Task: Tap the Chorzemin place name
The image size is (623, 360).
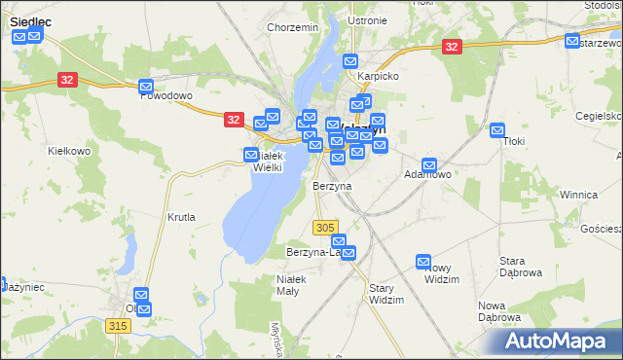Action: point(293,28)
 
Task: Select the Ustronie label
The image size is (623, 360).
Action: point(367,20)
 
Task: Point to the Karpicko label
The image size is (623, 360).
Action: point(379,75)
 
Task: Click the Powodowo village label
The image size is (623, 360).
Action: point(166,96)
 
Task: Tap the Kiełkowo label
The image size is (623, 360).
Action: point(69,151)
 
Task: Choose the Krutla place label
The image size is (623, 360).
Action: point(181,217)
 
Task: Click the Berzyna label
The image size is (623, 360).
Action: point(332,185)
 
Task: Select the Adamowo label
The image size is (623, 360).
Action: point(427,175)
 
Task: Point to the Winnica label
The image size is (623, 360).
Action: point(578,195)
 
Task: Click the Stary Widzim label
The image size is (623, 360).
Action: point(386,294)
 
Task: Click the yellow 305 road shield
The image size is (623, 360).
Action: point(326,227)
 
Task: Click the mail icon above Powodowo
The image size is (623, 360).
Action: point(146,86)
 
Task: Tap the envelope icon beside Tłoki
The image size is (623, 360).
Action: point(497,129)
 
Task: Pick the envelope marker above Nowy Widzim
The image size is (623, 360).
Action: point(423,261)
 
